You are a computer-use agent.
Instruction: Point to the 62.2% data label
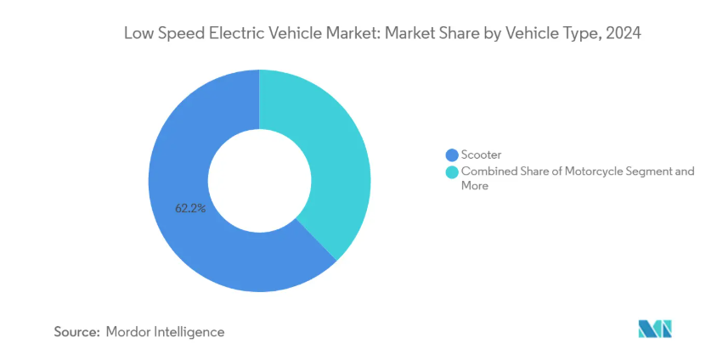pyautogui.click(x=191, y=207)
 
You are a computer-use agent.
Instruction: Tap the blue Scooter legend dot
pyautogui.click(x=451, y=155)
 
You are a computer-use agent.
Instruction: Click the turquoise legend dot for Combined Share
pyautogui.click(x=451, y=172)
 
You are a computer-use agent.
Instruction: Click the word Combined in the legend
pyautogui.click(x=488, y=172)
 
